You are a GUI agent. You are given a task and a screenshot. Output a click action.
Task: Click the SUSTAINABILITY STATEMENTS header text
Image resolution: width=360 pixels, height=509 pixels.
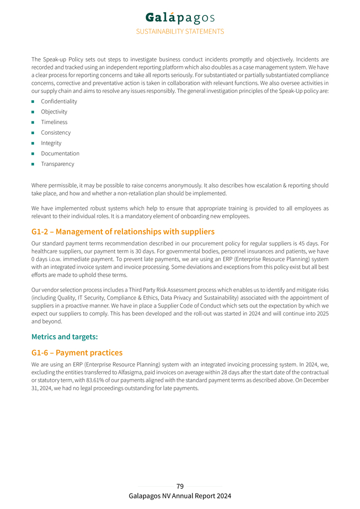click(180, 32)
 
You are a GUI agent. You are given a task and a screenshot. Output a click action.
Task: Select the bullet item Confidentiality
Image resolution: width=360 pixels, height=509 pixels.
click(59, 101)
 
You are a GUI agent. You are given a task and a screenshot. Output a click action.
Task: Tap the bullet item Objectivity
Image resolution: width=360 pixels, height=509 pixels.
click(54, 112)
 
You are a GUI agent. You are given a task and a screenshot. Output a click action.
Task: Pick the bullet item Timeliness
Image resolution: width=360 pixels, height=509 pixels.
click(54, 122)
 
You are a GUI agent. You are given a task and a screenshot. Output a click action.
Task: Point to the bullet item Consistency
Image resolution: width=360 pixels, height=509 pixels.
click(56, 133)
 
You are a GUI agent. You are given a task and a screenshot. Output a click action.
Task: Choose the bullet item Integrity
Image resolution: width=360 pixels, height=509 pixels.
click(51, 143)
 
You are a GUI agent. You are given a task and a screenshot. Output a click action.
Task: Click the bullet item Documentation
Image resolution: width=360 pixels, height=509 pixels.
click(60, 154)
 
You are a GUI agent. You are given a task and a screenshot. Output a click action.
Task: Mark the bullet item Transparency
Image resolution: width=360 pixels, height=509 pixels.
click(57, 164)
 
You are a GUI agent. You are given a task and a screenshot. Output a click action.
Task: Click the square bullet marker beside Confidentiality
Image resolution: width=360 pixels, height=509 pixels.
click(33, 101)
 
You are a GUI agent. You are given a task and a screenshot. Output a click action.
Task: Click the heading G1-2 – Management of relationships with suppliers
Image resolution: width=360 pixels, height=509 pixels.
click(123, 232)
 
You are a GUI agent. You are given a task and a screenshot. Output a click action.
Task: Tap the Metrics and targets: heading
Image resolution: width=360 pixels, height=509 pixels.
click(65, 337)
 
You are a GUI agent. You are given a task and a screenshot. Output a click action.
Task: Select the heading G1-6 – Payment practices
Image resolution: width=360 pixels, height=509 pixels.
click(77, 353)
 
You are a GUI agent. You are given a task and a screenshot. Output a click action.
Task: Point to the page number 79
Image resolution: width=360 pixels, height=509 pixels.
click(180, 486)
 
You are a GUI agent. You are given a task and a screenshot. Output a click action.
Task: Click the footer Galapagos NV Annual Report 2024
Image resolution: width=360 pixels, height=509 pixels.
click(180, 496)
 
